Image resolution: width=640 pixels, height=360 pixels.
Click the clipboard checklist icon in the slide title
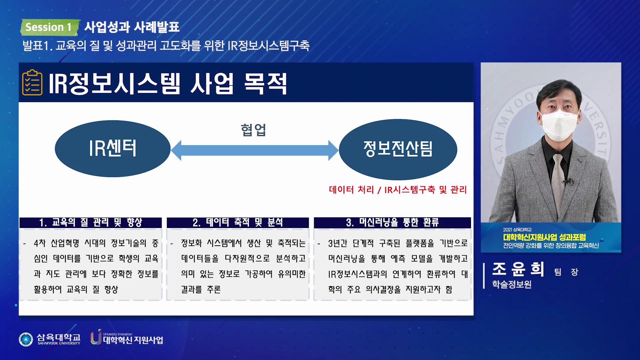pos(32,82)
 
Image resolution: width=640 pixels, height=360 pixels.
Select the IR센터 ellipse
pos(113,149)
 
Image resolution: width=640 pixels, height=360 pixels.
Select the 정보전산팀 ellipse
pos(398,149)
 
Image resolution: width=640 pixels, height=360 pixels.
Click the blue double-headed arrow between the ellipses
pos(255,150)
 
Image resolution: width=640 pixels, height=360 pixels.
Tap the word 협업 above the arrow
pos(253,130)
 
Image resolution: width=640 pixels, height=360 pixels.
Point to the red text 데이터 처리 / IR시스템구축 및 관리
pos(398,190)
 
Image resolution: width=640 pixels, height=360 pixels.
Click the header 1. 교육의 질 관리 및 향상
pos(91,222)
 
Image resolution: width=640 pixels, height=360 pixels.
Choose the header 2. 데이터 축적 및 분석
pos(238,222)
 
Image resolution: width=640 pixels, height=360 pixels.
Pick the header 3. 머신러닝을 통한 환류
pos(392,222)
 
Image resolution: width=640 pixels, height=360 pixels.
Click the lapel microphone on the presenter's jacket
pos(567,182)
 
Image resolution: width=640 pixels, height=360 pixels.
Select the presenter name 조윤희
pos(518,269)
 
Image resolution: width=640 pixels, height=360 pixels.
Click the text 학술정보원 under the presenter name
pos(512,284)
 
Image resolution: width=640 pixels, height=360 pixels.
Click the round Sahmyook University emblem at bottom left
pos(26,339)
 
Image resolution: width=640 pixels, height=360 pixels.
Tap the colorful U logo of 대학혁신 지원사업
pos(96,337)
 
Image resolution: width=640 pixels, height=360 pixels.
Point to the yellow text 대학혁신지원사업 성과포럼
pos(544,237)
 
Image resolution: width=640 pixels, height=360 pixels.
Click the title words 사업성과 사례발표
pos(132,27)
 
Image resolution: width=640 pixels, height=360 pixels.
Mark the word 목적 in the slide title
pos(266,84)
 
